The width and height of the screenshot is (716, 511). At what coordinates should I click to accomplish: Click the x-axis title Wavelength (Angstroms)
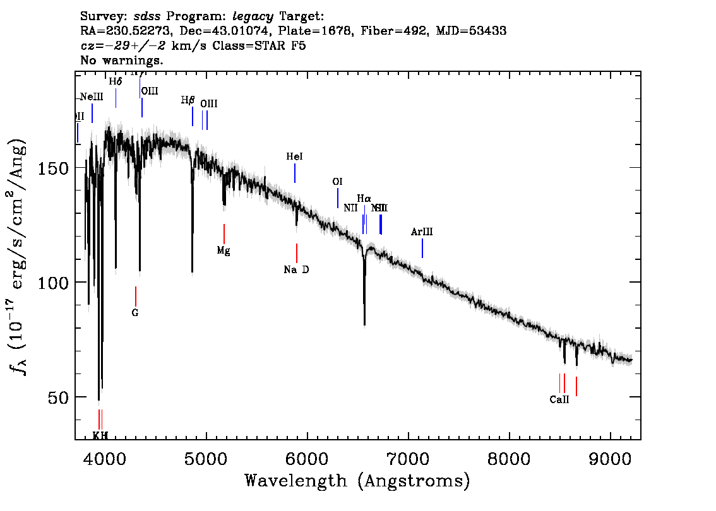coord(357,481)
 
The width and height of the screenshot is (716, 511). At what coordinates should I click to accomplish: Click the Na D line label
coord(296,270)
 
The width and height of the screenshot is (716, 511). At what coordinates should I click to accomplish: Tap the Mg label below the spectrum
coord(224,250)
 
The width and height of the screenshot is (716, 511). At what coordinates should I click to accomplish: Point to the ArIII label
coord(422,232)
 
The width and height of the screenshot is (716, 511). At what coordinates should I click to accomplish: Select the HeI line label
coord(294,157)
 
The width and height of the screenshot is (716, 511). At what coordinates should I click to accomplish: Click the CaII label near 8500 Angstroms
coord(559,399)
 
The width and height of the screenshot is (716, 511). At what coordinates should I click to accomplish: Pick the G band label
coord(135,313)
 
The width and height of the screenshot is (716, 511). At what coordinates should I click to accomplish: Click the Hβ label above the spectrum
coord(188,100)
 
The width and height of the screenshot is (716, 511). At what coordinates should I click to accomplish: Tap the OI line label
coord(337,182)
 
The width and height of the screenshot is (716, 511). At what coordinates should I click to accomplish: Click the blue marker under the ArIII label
coord(422,249)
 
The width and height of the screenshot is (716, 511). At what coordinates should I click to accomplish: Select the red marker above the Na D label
coord(297,253)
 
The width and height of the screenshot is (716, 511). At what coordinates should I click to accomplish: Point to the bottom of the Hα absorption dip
coord(364,324)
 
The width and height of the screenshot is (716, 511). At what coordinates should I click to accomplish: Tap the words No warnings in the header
coord(122,60)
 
